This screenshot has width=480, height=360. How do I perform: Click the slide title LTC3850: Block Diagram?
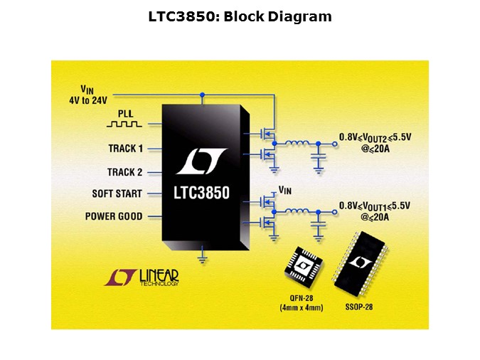[240, 16]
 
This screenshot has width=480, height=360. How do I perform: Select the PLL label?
[125, 112]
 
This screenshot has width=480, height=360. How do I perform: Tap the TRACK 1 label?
[125, 149]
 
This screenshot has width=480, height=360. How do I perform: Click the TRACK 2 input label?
[124, 172]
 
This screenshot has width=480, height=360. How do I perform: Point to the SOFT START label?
[117, 194]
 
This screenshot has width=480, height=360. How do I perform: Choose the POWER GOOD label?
[114, 216]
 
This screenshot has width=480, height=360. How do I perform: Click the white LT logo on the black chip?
[201, 162]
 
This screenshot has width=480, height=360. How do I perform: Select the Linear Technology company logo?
[142, 277]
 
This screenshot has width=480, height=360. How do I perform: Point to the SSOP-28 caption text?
[359, 307]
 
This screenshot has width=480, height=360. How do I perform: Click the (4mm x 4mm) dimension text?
[302, 307]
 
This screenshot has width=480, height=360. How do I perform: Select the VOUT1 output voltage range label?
[374, 205]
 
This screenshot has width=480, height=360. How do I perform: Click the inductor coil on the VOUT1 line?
[297, 211]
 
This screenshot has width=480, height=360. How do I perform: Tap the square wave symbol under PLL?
[125, 123]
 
